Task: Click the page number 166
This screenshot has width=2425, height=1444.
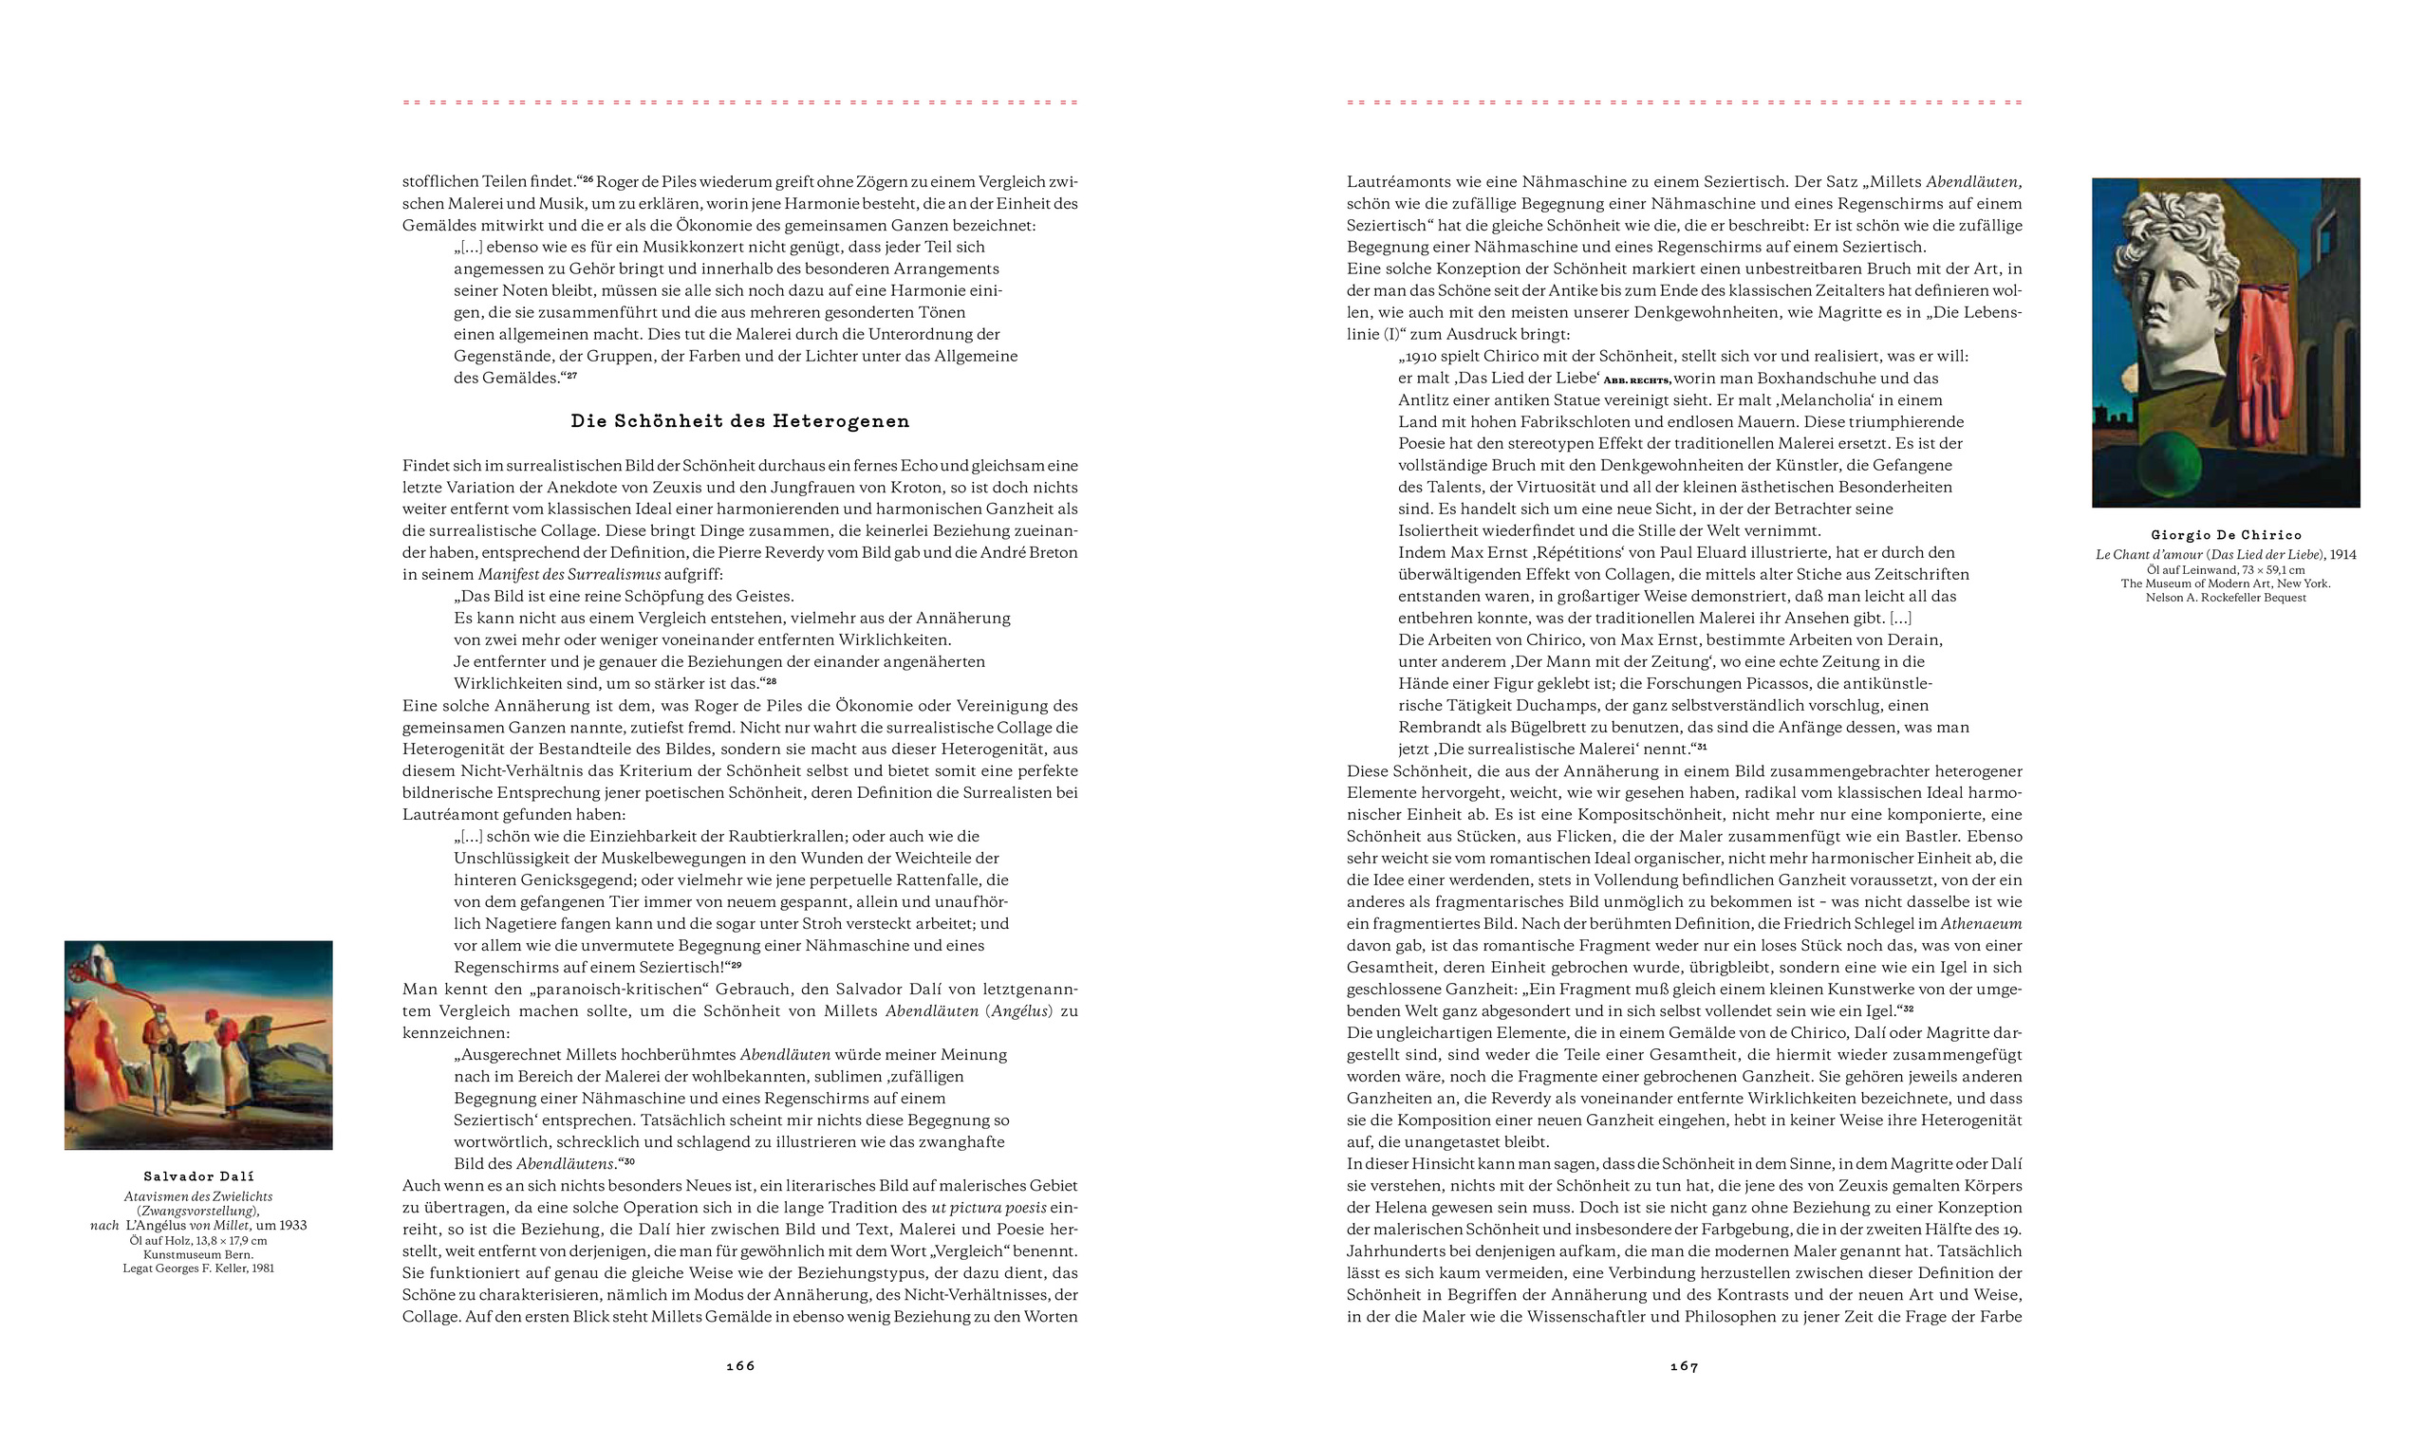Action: [x=739, y=1366]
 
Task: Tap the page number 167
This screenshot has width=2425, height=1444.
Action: [x=1684, y=1366]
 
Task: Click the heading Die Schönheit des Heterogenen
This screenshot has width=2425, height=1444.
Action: [x=739, y=421]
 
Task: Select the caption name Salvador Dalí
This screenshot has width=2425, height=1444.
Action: [x=198, y=1176]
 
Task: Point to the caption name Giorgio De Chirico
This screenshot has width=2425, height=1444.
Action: [x=2226, y=535]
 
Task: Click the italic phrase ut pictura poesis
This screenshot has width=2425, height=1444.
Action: [x=989, y=1208]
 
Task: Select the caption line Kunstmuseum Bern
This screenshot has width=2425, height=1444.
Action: [x=198, y=1254]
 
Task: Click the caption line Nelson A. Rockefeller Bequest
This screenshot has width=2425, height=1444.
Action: [x=2226, y=598]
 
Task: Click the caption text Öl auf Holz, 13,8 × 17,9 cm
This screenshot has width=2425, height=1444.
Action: [x=198, y=1241]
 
